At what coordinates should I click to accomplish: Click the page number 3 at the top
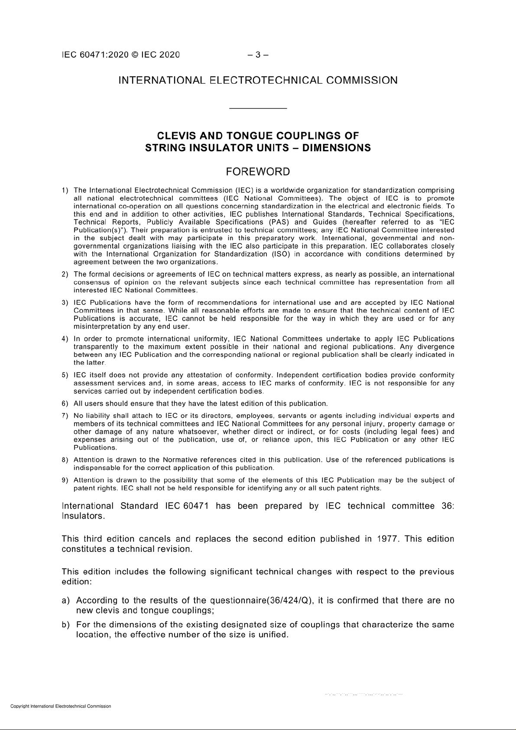point(258,55)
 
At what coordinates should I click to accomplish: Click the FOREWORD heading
point(258,172)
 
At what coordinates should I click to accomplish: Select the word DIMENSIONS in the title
point(336,148)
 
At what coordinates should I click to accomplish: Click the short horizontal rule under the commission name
point(258,108)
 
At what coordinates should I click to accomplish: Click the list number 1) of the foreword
point(65,190)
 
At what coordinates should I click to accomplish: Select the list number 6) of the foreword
point(65,404)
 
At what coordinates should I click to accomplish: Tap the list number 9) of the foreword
point(65,480)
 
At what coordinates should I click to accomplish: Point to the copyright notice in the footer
point(61,706)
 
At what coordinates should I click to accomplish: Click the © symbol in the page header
point(135,55)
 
